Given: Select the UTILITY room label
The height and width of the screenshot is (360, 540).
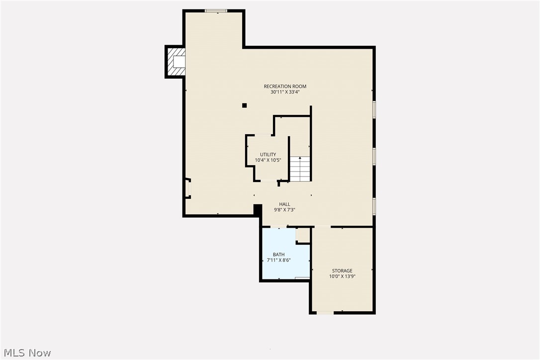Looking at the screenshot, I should [268, 155].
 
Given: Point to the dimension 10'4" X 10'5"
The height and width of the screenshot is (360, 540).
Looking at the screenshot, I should [268, 160].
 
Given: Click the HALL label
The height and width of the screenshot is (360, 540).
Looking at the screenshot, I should [284, 204].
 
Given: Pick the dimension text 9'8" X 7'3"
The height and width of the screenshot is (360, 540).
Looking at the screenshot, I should [284, 210].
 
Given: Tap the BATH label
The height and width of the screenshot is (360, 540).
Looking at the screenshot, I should [278, 255].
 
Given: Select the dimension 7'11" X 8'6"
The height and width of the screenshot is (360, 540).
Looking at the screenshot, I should [278, 260].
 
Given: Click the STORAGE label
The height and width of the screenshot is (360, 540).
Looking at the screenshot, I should [342, 271].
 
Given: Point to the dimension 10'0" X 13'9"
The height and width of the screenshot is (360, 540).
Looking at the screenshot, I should [342, 276].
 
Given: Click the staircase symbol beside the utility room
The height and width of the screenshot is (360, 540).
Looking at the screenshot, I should [300, 169].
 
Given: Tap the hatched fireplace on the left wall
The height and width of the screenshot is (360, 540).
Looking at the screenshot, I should [176, 62].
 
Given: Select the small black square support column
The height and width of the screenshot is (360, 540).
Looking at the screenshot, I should [244, 105].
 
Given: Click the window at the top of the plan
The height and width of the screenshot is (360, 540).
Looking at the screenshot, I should [216, 10].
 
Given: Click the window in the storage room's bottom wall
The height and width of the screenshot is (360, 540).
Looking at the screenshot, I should [325, 313].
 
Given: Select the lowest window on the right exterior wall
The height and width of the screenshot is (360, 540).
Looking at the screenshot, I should [374, 206].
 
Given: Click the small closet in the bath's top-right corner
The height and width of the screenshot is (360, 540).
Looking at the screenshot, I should [303, 235].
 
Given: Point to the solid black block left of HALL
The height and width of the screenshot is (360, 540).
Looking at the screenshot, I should [258, 210].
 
